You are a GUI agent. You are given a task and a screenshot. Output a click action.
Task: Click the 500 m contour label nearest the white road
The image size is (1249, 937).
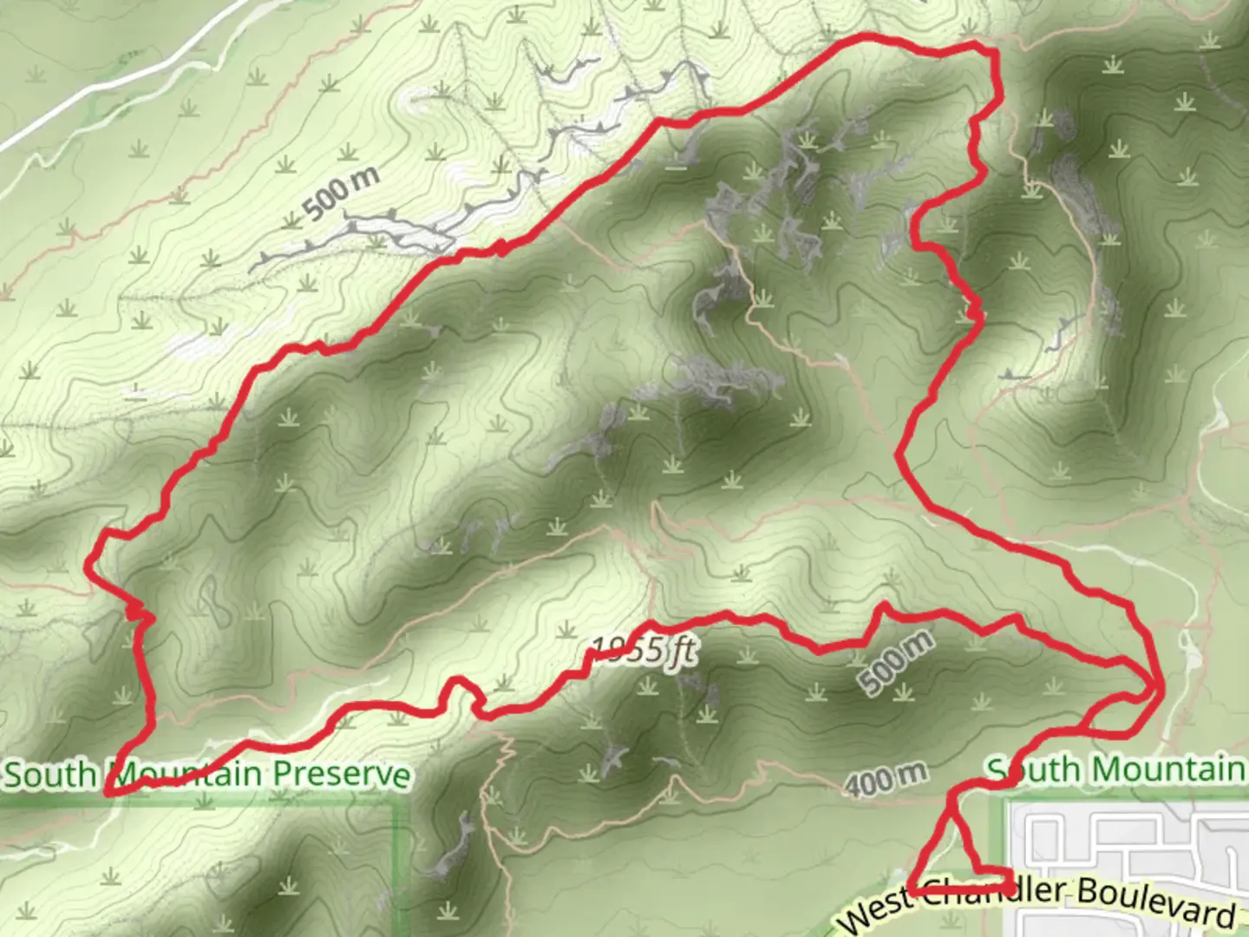341,193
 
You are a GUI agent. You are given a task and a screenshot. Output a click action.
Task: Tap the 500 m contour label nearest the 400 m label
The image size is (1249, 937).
896,662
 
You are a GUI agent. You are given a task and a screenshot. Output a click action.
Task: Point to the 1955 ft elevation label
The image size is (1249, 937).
642,651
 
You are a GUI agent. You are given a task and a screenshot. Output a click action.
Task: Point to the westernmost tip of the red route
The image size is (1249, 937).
88,565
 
